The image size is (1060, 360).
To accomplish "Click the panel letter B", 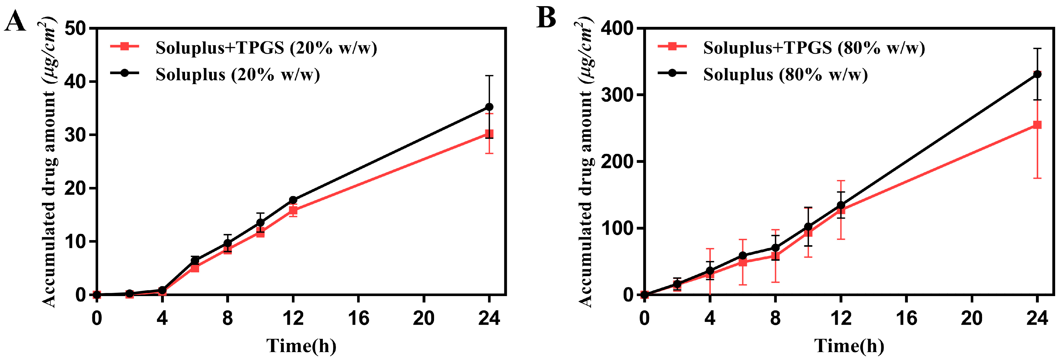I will click(546, 18).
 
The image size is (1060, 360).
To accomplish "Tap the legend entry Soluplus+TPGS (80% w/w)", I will click(814, 48).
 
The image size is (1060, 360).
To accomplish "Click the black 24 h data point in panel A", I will click(489, 107).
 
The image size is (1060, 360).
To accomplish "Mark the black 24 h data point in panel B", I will click(1037, 74).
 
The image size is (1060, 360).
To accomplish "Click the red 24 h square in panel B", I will click(1037, 125).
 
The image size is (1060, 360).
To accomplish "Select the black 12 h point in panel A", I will click(293, 200).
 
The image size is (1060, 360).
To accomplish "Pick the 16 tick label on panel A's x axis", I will click(358, 318).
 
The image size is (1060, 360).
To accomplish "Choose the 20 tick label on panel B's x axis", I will click(972, 318).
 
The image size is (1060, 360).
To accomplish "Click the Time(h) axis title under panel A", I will click(301, 346).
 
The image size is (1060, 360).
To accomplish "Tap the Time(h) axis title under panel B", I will click(849, 346).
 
